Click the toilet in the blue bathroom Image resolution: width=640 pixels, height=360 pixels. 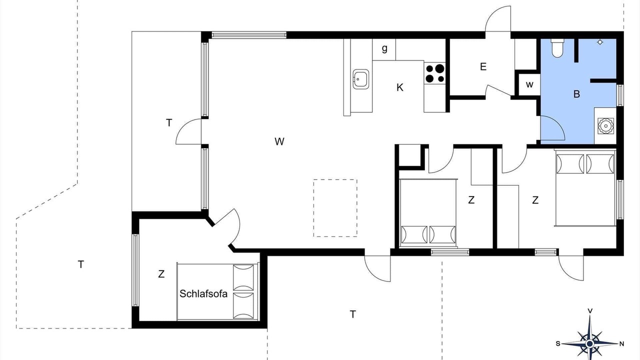coord(557,48)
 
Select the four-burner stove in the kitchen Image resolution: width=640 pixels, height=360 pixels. coord(435,73)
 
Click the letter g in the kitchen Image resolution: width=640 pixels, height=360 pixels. coord(384,49)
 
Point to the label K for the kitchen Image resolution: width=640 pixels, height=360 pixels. coord(399,87)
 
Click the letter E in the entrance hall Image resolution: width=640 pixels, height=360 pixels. coord(483,67)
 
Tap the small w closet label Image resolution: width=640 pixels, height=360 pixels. coord(529,84)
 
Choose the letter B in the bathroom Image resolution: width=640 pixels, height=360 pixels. coord(576,94)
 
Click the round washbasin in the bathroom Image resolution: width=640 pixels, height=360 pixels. coord(605,125)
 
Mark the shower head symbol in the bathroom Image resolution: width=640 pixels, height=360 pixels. coord(600,42)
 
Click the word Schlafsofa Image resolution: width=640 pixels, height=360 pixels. coord(203,293)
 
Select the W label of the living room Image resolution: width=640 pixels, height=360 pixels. coord(279,141)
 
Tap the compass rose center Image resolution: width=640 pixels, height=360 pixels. coord(589,343)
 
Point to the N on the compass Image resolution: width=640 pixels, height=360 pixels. coord(621,343)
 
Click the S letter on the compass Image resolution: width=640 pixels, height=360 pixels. coord(558,343)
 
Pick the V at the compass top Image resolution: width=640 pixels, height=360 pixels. coord(589,311)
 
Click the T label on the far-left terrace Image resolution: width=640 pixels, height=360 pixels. coord(81,264)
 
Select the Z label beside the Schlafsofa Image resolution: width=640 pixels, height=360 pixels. coord(161,274)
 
